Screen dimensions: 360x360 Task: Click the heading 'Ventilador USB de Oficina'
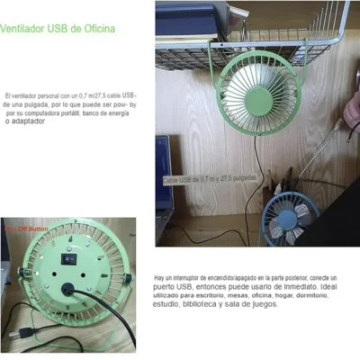(x=58, y=29)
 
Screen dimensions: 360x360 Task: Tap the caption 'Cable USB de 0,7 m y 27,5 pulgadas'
(x=210, y=180)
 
